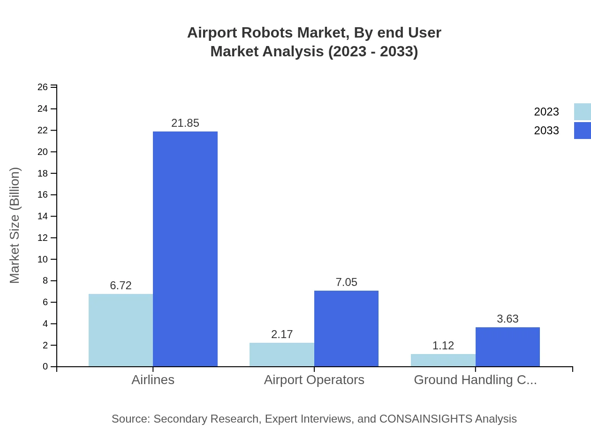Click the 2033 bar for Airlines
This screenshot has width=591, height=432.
pyautogui.click(x=185, y=249)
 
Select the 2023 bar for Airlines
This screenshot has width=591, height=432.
pyautogui.click(x=121, y=330)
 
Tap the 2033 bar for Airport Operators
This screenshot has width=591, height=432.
pyautogui.click(x=346, y=328)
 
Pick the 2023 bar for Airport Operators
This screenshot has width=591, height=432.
pyautogui.click(x=281, y=355)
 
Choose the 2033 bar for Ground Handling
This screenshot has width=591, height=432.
pyautogui.click(x=508, y=347)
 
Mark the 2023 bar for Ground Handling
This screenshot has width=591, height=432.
pyautogui.click(x=443, y=360)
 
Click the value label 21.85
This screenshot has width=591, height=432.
pyautogui.click(x=185, y=123)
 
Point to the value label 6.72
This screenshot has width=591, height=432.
pyautogui.click(x=121, y=285)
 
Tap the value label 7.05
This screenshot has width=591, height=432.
pyautogui.click(x=346, y=282)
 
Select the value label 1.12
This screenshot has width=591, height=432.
pyautogui.click(x=443, y=346)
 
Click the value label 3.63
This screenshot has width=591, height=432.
pyautogui.click(x=508, y=319)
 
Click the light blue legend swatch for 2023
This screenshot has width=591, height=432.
pyautogui.click(x=582, y=112)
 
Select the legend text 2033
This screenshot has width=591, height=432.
pyautogui.click(x=546, y=131)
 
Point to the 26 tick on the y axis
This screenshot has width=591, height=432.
pyautogui.click(x=43, y=87)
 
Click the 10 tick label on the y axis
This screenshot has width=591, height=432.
pyautogui.click(x=43, y=259)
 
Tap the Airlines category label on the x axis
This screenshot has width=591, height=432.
pyautogui.click(x=153, y=380)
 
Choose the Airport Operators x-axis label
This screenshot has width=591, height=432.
pyautogui.click(x=314, y=380)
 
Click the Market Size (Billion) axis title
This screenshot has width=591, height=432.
pyautogui.click(x=15, y=225)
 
